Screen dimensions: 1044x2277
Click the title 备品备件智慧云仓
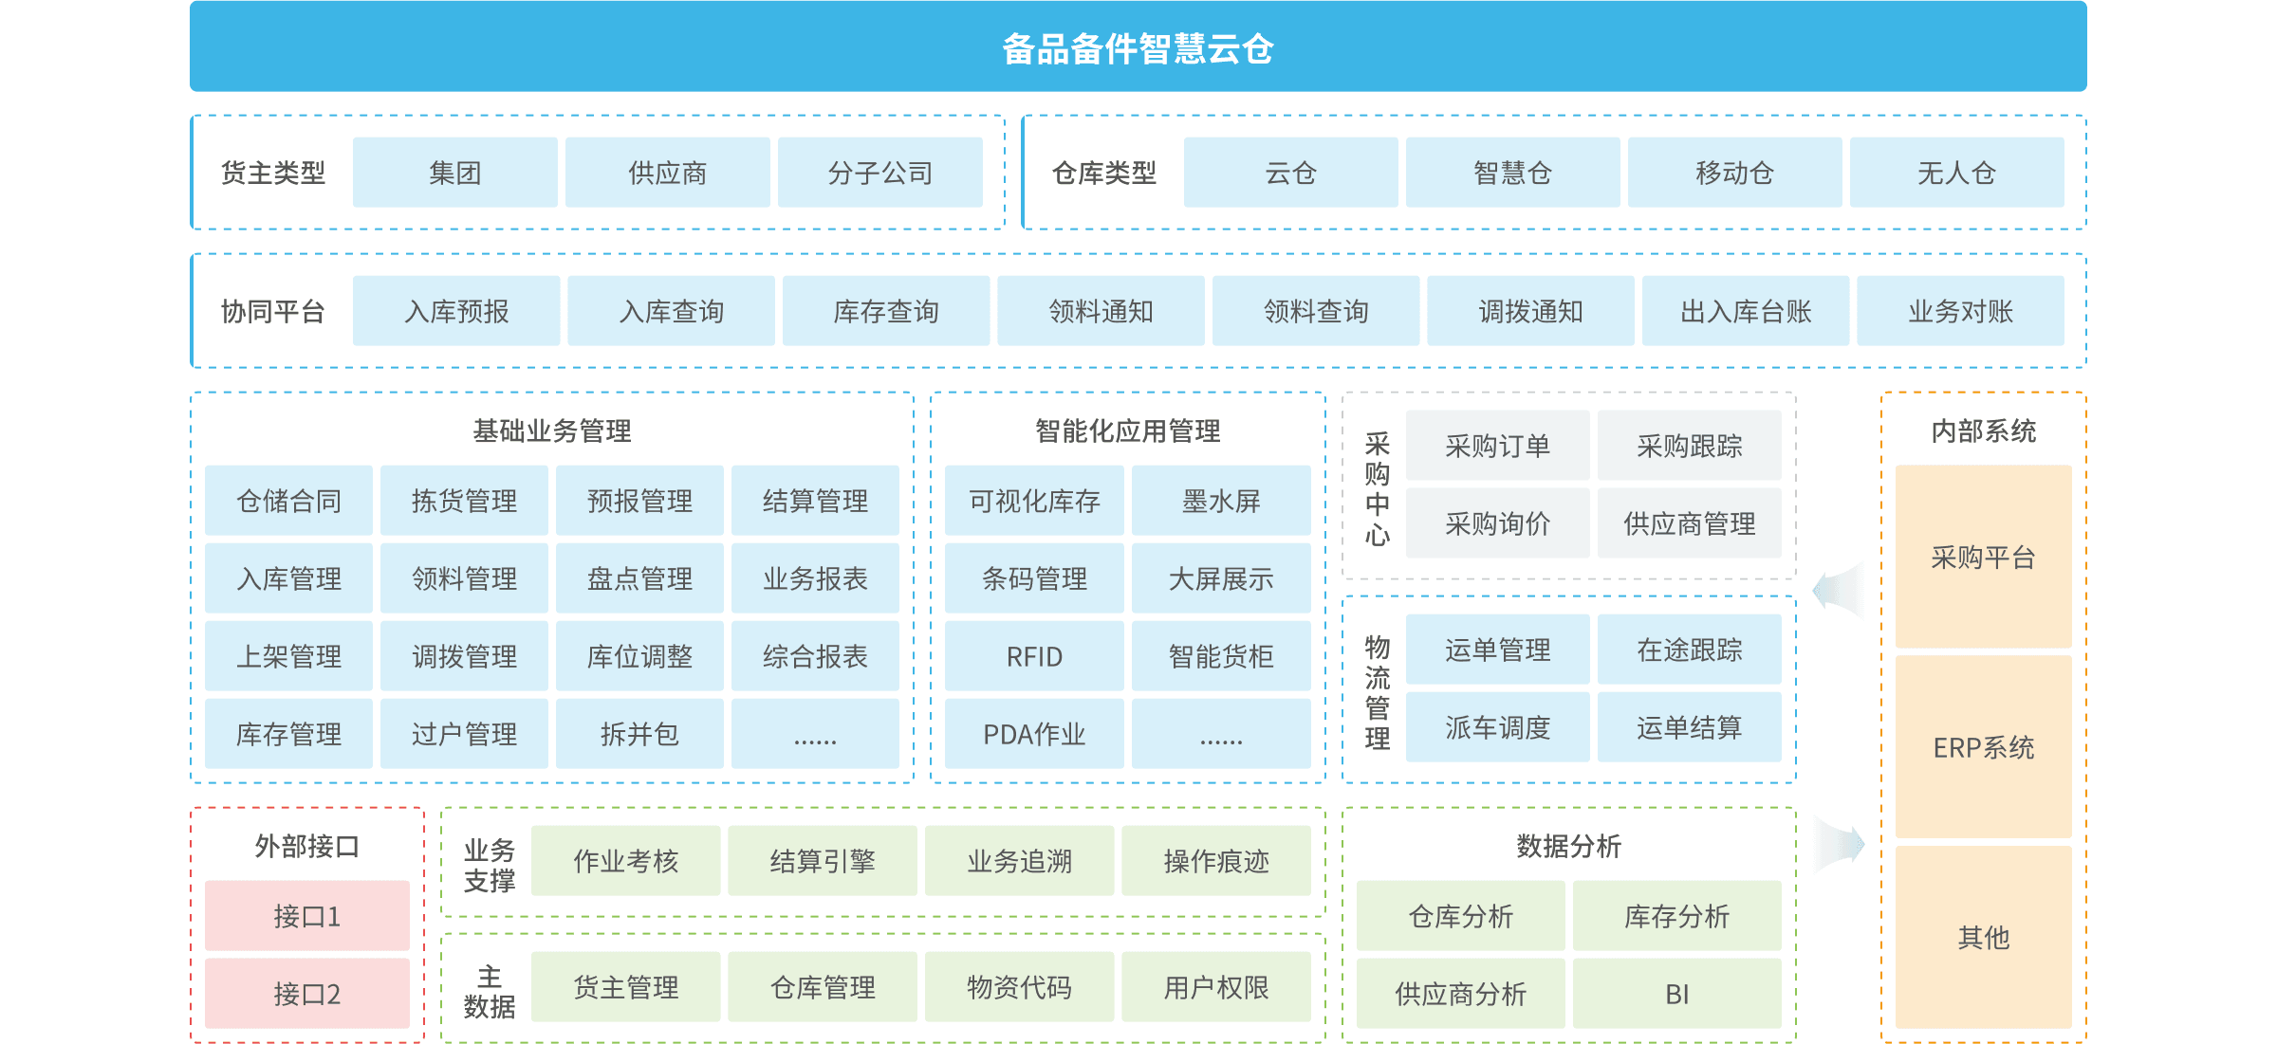[1138, 48]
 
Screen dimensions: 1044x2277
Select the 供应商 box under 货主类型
[667, 173]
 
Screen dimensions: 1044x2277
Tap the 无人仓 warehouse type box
[1956, 173]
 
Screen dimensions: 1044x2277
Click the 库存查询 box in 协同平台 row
[885, 311]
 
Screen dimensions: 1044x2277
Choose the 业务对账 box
[1960, 311]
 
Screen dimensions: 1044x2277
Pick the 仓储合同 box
[288, 501]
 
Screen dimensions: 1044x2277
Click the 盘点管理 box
[639, 578]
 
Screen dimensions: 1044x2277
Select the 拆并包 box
[639, 734]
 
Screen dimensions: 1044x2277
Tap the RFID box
[1034, 656]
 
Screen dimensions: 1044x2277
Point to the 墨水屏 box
[1221, 501]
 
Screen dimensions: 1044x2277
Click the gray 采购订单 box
[1497, 446]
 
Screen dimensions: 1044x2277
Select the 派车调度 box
[1497, 727]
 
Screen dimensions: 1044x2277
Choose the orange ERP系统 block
[1983, 747]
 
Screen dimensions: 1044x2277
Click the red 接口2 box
[306, 994]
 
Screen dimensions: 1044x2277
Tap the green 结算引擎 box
[822, 861]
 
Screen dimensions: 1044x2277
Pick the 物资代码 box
[1019, 987]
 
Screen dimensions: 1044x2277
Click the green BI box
[1676, 994]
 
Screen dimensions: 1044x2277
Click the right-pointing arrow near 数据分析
[1839, 844]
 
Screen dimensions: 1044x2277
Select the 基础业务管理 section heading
[552, 431]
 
